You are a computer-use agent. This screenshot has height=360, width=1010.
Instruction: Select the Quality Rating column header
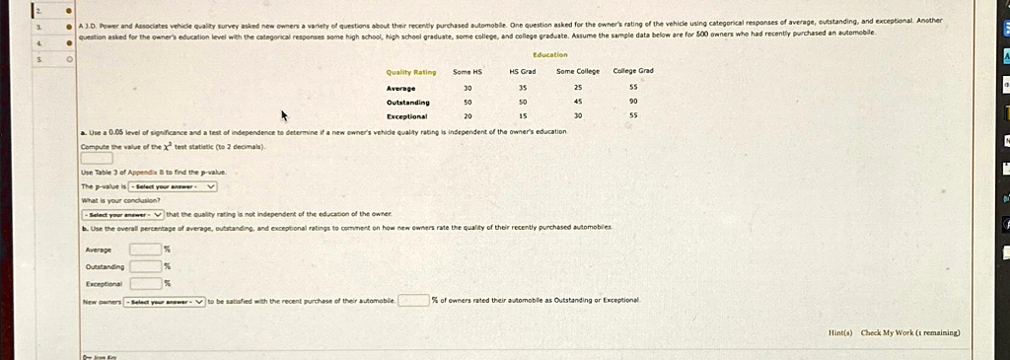(x=411, y=72)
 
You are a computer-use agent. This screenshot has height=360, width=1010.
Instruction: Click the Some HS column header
(x=468, y=72)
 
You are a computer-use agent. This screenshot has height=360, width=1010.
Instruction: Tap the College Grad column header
(x=632, y=71)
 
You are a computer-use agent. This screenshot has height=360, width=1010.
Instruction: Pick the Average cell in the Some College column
(x=577, y=87)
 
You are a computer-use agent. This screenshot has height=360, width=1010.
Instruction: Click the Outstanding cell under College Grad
(x=632, y=101)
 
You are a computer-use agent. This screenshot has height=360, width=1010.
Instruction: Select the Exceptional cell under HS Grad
(x=522, y=115)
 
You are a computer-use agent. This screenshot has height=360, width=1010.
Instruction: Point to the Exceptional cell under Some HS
(x=468, y=115)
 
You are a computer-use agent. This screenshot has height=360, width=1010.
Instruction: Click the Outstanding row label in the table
(x=407, y=101)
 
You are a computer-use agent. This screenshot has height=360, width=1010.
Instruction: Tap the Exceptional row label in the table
(x=406, y=115)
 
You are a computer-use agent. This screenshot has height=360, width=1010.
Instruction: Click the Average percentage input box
(x=145, y=249)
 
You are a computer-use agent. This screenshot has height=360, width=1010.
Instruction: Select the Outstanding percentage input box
(x=145, y=265)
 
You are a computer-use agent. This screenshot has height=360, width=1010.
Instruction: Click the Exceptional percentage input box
(x=145, y=283)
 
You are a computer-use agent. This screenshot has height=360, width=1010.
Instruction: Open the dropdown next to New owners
(x=165, y=301)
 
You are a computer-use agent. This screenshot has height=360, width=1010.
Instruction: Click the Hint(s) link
(x=840, y=333)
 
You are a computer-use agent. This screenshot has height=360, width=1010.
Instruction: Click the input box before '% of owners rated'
(x=413, y=300)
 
